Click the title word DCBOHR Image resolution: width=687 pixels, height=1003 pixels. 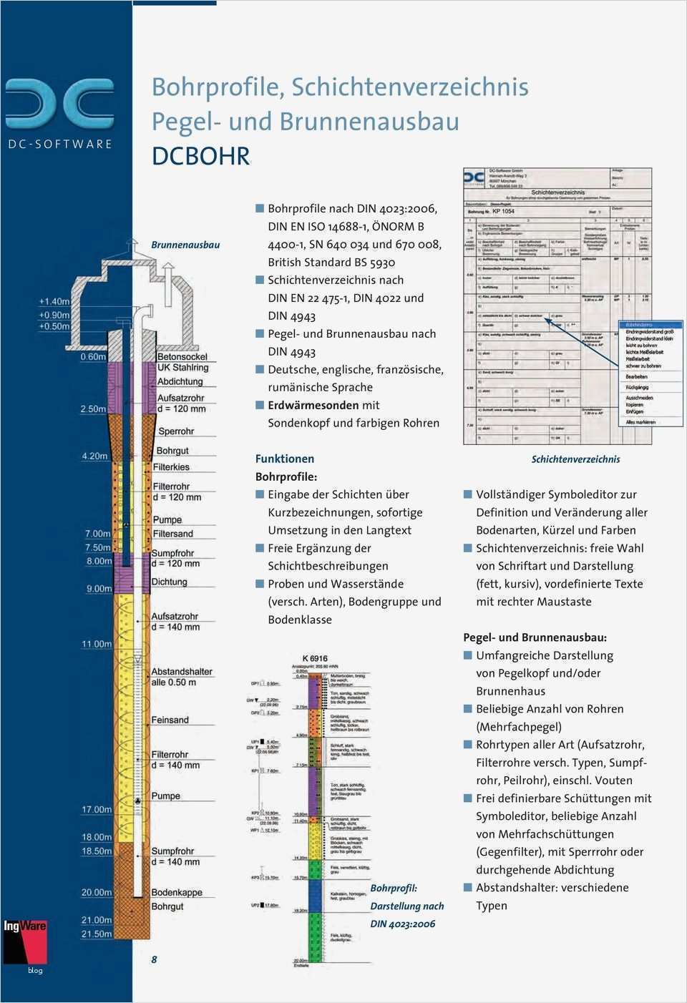pyautogui.click(x=201, y=156)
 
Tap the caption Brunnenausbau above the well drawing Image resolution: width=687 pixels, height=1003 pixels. pyautogui.click(x=185, y=245)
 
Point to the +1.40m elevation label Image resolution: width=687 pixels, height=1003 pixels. pyautogui.click(x=54, y=301)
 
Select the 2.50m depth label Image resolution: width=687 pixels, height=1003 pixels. pyautogui.click(x=93, y=409)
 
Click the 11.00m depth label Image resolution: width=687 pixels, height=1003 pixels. pyautogui.click(x=97, y=644)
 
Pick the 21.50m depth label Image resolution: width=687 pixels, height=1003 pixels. pyautogui.click(x=97, y=934)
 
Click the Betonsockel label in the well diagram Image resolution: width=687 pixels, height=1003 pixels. pyautogui.click(x=182, y=356)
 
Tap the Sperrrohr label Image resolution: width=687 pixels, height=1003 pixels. pyautogui.click(x=176, y=431)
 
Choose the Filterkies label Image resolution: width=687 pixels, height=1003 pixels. pyautogui.click(x=172, y=467)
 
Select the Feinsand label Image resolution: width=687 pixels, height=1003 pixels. pyautogui.click(x=170, y=720)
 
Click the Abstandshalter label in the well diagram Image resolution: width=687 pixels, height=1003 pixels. pyautogui.click(x=182, y=672)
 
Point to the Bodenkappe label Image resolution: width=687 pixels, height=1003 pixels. pyautogui.click(x=177, y=892)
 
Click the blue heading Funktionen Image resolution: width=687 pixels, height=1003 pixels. pyautogui.click(x=285, y=459)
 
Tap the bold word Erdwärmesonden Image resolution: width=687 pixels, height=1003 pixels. pyautogui.click(x=313, y=405)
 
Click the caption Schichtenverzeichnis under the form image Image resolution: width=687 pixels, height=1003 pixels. pyautogui.click(x=575, y=459)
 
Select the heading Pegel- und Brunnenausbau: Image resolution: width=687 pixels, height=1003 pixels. pyautogui.click(x=535, y=637)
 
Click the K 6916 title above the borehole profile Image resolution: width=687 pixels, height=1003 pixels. pyautogui.click(x=315, y=658)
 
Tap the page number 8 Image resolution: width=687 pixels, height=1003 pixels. pyautogui.click(x=154, y=959)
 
